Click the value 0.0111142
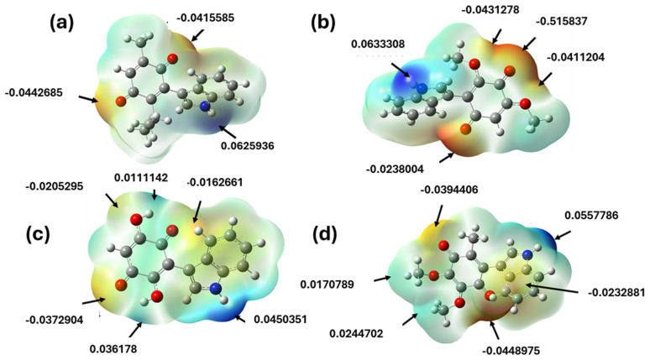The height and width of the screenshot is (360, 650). coord(144,178)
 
